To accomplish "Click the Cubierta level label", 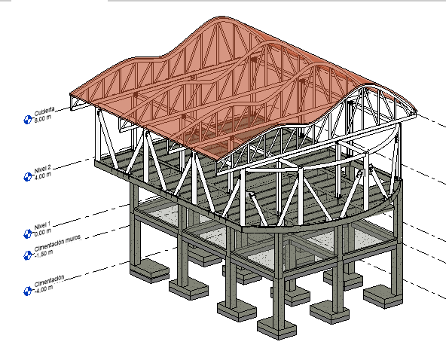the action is (44, 111).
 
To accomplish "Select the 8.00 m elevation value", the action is (43, 118).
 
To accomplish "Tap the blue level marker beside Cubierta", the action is (28, 120).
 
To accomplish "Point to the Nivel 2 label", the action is (42, 169).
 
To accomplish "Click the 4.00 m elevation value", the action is (43, 175).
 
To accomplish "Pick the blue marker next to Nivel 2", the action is (28, 177).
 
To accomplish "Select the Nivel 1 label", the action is (42, 226).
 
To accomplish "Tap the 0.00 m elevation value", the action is (43, 232).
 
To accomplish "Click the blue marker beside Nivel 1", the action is (28, 233).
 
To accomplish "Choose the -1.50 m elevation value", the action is (44, 254).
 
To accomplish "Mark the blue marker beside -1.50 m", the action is (28, 255).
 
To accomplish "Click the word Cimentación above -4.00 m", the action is (49, 280).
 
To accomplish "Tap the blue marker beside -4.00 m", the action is (28, 291).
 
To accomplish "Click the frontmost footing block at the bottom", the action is (276, 328).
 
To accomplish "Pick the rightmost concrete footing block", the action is (383, 296).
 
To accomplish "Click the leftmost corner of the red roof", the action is (70, 94).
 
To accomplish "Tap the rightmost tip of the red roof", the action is (417, 111).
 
